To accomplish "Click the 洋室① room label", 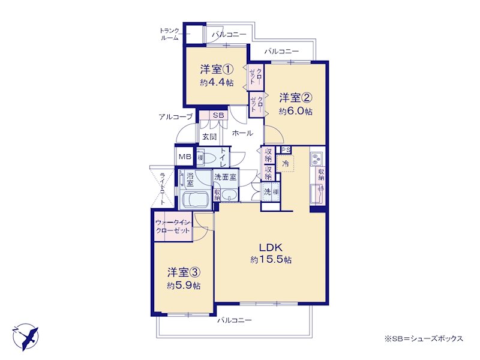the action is pyautogui.click(x=217, y=70).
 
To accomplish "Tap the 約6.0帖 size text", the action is pyautogui.click(x=295, y=112).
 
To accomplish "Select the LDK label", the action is pyautogui.click(x=271, y=247).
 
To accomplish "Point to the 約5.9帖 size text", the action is pyautogui.click(x=184, y=286).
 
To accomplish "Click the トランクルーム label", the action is pyautogui.click(x=169, y=34).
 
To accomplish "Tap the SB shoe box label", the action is pyautogui.click(x=218, y=115).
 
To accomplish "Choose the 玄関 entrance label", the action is pyautogui.click(x=209, y=137).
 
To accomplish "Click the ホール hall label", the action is pyautogui.click(x=242, y=133).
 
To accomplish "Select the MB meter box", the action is pyautogui.click(x=185, y=157).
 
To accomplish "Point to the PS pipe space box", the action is pyautogui.click(x=286, y=149).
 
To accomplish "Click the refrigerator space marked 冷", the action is pyautogui.click(x=285, y=163).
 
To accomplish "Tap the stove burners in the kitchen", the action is pyautogui.click(x=316, y=158).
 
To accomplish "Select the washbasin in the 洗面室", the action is pyautogui.click(x=229, y=194).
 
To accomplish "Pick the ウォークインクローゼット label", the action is pyautogui.click(x=173, y=227).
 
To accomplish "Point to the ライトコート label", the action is pyautogui.click(x=163, y=188).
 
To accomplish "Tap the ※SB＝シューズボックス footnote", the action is pyautogui.click(x=424, y=338).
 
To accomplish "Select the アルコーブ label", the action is pyautogui.click(x=176, y=116).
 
